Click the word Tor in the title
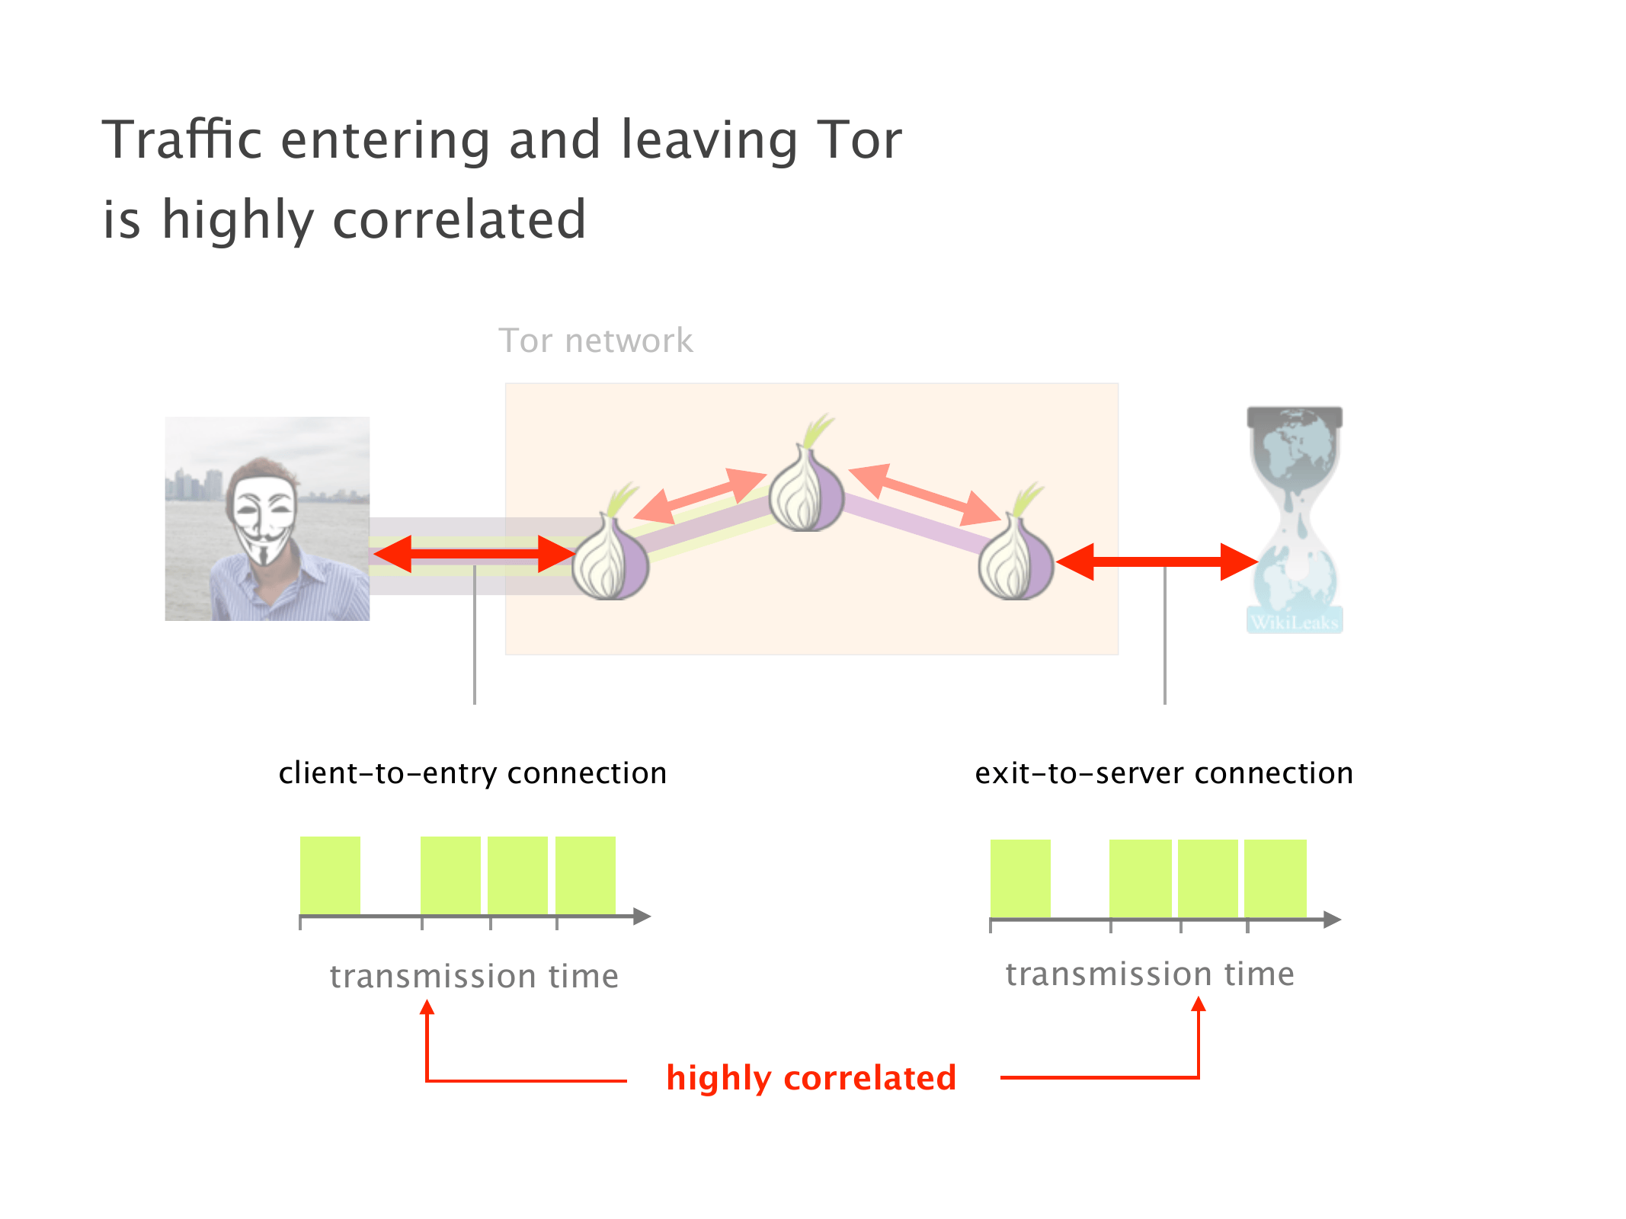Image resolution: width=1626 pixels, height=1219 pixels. [x=859, y=140]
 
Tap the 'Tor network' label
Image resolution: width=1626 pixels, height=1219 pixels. [x=595, y=341]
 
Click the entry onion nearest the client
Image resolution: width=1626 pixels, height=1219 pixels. [x=610, y=560]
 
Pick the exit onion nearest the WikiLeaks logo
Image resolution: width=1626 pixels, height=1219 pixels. [x=1016, y=560]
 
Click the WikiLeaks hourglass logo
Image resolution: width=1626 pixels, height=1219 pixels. [x=1295, y=518]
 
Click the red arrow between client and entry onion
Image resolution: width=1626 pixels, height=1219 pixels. [x=474, y=554]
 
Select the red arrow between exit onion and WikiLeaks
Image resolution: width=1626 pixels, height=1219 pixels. [x=1157, y=562]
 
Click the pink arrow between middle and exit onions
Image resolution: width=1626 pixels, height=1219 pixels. [x=923, y=495]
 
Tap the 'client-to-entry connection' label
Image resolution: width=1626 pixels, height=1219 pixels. [x=472, y=773]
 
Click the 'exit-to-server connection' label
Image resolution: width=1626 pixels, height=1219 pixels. [x=1163, y=773]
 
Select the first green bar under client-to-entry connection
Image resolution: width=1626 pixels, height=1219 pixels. [x=330, y=875]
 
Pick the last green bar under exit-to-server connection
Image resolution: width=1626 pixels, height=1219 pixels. [x=1275, y=878]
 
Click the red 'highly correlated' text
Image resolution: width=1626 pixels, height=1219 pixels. [x=811, y=1078]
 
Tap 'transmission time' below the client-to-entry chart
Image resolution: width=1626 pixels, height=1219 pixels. [x=474, y=977]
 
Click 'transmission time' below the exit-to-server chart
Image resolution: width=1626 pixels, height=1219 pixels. [x=1150, y=974]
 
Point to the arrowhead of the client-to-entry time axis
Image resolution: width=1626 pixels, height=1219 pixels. [x=642, y=917]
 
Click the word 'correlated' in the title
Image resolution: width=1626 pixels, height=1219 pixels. [x=459, y=220]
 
